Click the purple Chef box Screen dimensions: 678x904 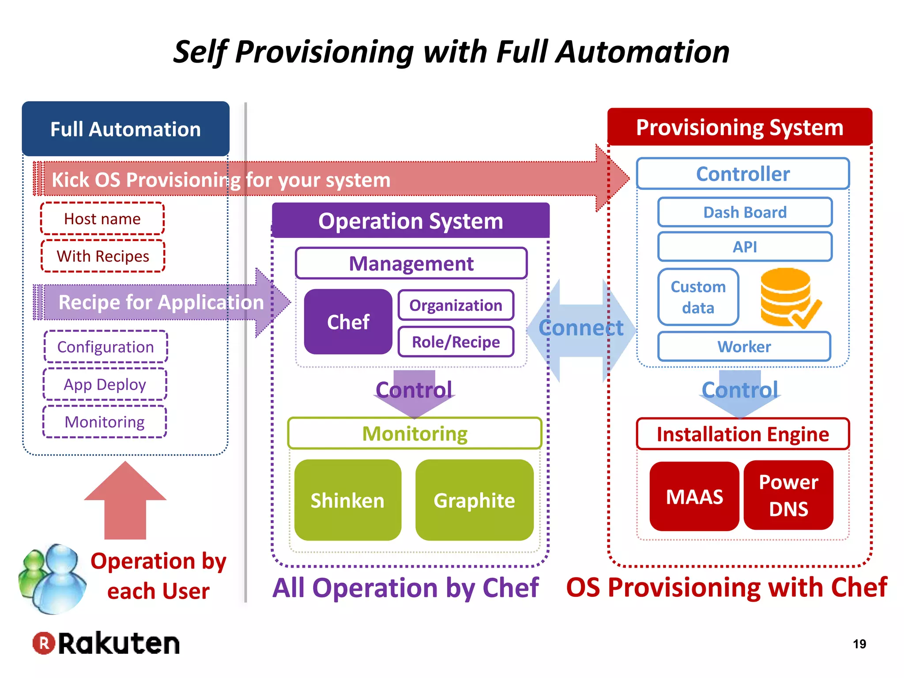(348, 322)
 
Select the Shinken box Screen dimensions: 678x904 (347, 500)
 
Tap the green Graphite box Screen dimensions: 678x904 (474, 500)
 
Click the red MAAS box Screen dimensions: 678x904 (694, 497)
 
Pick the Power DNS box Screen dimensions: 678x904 (788, 495)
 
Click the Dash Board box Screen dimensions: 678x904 (745, 212)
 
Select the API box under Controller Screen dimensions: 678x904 (745, 247)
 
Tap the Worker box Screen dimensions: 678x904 (744, 347)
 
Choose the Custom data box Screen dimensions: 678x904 (698, 297)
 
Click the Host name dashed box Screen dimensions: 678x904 (102, 218)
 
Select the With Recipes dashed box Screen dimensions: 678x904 (103, 256)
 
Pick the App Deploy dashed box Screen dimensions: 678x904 (105, 384)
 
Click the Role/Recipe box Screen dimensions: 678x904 (456, 342)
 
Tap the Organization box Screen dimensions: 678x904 (456, 305)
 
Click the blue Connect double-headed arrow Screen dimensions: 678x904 (581, 329)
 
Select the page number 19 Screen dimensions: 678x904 (859, 644)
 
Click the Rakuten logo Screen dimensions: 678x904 (106, 643)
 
